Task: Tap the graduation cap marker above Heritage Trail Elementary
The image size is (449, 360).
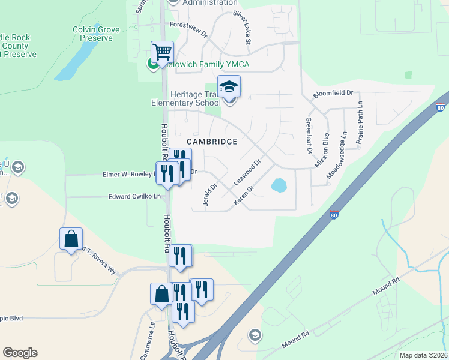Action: point(229,88)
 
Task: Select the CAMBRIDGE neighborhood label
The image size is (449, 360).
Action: point(212,142)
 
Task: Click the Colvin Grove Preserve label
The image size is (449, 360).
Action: point(92,34)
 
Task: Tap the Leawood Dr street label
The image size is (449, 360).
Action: point(247,172)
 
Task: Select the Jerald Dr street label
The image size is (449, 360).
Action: point(209,195)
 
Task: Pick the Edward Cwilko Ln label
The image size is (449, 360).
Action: point(135,196)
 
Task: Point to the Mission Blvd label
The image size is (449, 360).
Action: point(322,150)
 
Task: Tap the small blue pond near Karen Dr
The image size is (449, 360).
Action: point(279,185)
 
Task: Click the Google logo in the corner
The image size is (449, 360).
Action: point(20,353)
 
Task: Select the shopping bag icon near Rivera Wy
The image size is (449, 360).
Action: point(71,239)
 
